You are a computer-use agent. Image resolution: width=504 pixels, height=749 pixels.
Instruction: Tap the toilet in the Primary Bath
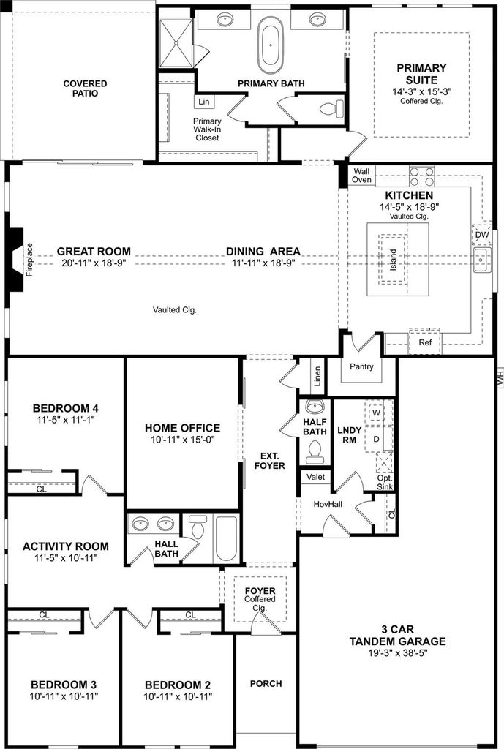coord(332,108)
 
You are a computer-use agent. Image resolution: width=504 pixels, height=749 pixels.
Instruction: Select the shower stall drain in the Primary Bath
coord(176,43)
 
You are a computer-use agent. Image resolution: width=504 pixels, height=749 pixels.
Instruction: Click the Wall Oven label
coord(361,176)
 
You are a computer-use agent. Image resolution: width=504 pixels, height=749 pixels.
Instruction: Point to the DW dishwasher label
coord(482,235)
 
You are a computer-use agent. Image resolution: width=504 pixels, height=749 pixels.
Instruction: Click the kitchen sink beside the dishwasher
coord(482,260)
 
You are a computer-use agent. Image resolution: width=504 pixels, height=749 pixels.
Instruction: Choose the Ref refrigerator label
coord(425,342)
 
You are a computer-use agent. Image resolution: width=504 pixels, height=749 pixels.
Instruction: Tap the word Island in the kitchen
coord(393,260)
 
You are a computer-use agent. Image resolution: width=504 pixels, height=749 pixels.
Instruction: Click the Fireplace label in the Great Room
coord(29,260)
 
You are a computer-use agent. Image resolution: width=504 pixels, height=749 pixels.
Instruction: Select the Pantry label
coord(361,366)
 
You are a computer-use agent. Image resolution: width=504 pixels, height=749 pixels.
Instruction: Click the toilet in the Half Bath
coord(315,451)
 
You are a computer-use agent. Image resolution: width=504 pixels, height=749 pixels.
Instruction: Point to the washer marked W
coord(377,413)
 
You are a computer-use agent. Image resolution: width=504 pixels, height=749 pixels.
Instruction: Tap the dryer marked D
coord(377,439)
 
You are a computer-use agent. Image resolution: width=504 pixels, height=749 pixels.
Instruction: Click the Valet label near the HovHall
coord(316,477)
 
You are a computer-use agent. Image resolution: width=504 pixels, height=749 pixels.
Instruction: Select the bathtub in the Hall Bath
coord(226,538)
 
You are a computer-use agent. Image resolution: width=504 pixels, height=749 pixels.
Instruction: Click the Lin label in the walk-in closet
coord(204,102)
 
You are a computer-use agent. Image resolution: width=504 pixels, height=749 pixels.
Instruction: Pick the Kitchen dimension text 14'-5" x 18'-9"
coord(410,206)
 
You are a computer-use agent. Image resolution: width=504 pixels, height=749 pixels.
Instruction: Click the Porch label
coord(266,684)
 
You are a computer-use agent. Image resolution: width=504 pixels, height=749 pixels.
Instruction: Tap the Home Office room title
coord(182,428)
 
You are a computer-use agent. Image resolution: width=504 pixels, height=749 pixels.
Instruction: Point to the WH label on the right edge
coord(500,377)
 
